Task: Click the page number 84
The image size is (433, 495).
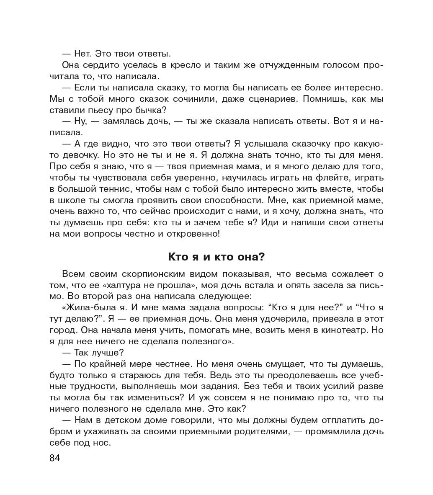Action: coord(55,458)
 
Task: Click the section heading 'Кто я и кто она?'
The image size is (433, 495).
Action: coord(216,256)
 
